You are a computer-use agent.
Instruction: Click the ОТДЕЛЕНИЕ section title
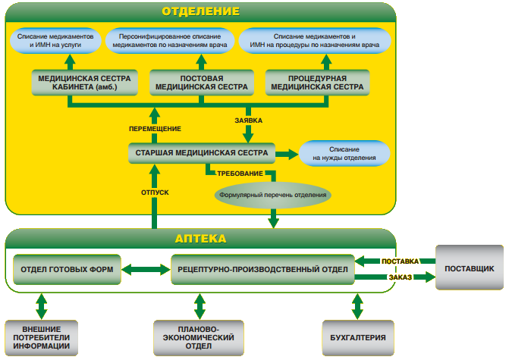point(200,11)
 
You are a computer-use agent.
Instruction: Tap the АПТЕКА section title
point(200,238)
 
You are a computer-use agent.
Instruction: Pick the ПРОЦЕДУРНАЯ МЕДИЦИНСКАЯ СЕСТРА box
point(317,83)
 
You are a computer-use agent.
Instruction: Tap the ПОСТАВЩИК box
point(469,268)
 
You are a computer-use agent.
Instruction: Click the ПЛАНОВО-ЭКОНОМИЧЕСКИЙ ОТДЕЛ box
point(200,337)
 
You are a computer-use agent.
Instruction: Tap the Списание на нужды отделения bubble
point(344,154)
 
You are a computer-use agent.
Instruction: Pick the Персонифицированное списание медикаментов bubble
point(169,41)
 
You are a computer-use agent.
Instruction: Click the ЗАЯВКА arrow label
point(248,119)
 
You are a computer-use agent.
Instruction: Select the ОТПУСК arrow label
point(154,192)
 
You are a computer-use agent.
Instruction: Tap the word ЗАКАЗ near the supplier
point(400,278)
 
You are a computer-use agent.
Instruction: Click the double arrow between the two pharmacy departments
point(146,269)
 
